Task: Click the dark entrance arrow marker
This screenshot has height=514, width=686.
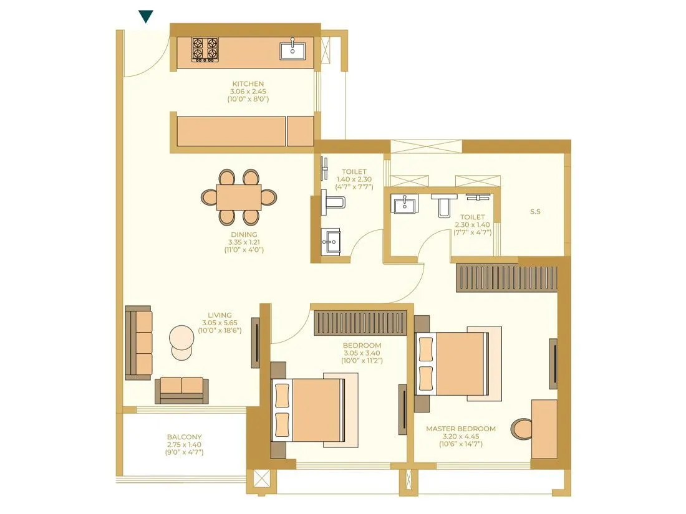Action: [146, 16]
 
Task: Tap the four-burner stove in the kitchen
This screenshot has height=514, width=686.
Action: [205, 50]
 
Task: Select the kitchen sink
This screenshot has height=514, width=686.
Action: [292, 49]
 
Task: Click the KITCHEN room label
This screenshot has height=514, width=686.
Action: [248, 84]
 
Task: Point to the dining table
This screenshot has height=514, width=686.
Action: [239, 197]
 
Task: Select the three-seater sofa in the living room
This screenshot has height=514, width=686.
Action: [139, 343]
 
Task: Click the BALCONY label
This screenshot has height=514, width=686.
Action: [184, 437]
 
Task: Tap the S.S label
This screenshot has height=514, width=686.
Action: [535, 212]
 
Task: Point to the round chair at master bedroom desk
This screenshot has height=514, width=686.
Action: [523, 429]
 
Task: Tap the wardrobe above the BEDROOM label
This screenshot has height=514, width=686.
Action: [360, 323]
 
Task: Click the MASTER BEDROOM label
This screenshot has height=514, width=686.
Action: [461, 429]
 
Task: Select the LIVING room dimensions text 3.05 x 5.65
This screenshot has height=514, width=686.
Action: [220, 323]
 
